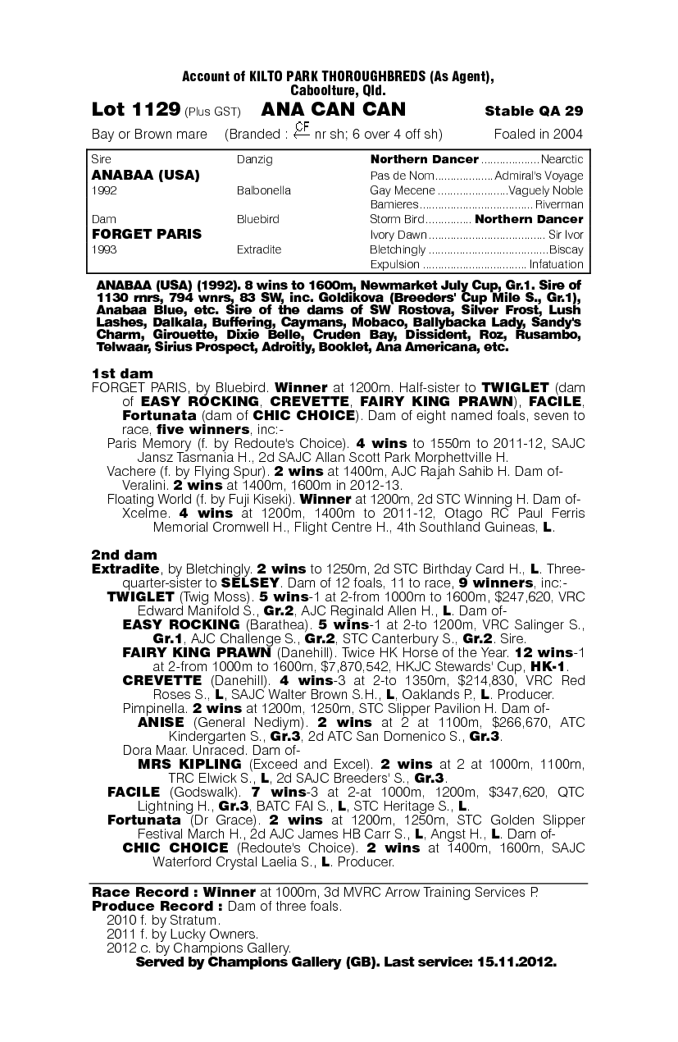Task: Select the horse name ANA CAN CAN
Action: (333, 109)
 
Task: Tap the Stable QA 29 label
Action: (534, 111)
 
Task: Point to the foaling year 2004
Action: (566, 135)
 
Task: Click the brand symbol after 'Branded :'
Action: (302, 130)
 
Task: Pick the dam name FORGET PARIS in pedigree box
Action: (146, 234)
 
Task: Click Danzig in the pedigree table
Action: (254, 159)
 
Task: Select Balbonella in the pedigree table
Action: (263, 190)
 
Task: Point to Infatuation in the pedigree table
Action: (557, 264)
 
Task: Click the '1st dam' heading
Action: (122, 373)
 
